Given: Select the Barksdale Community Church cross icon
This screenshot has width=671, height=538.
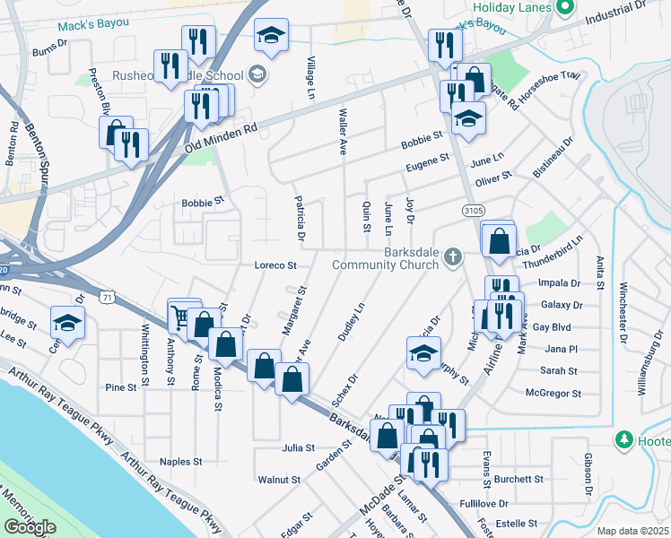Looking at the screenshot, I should point(453,257).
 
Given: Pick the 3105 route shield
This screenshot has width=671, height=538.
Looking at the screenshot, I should point(473,210).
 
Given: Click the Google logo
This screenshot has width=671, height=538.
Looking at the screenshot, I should point(30,527).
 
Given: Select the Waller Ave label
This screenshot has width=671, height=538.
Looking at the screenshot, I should point(343,132).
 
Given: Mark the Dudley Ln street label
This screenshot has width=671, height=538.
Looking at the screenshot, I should point(351,321).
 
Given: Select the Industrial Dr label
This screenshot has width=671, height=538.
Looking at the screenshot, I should point(614,13).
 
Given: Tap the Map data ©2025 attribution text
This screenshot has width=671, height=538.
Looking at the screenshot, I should point(633,531).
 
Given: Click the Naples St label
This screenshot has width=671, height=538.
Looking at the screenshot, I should point(181,462).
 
